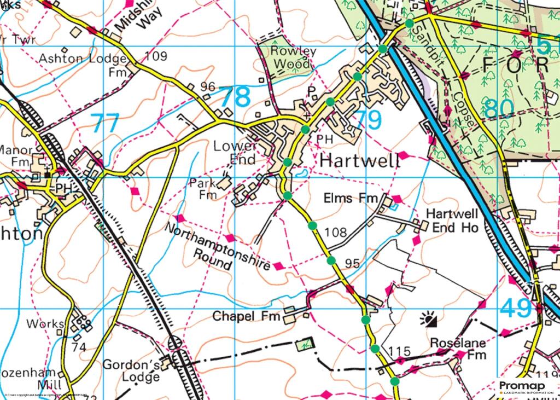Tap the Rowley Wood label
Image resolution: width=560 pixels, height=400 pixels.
[294, 57]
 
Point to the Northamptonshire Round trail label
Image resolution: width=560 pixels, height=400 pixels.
[218, 247]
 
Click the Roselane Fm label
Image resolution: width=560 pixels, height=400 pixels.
[458, 349]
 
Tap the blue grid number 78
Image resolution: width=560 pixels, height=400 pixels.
[235, 97]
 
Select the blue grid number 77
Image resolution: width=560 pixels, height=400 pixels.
[104, 123]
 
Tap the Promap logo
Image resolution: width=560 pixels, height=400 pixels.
[526, 387]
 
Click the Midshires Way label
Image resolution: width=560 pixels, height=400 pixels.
[133, 21]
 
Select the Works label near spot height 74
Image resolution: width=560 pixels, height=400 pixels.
[45, 324]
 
